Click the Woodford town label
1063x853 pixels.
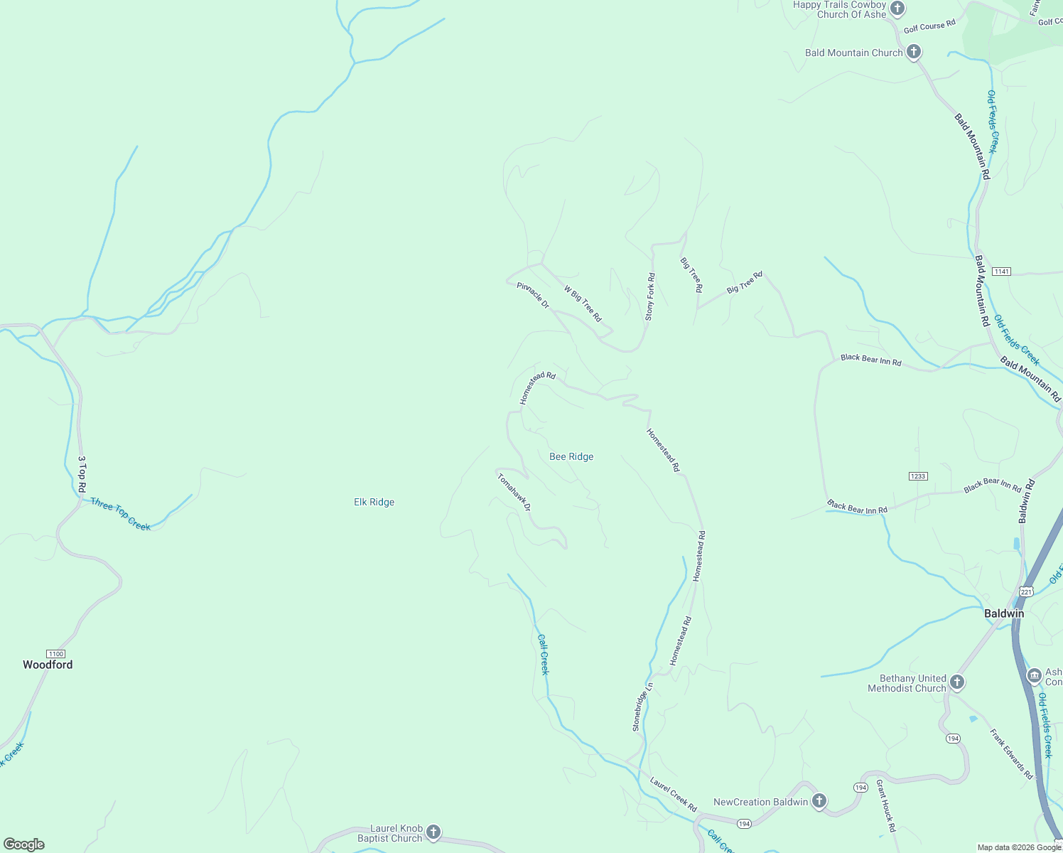48,665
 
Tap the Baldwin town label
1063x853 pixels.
1004,613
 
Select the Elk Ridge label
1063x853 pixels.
374,502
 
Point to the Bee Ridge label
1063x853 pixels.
571,456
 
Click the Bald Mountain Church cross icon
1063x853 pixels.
914,52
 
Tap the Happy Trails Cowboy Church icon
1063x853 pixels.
897,9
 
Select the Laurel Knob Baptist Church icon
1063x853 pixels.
433,832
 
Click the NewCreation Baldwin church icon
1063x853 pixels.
819,801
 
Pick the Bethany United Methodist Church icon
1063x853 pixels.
957,682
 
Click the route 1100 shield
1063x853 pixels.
55,654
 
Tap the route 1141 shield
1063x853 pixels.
1002,272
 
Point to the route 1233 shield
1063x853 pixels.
918,476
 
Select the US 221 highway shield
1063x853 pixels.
1025,591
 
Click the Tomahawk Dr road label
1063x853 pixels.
514,492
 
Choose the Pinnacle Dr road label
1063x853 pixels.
533,295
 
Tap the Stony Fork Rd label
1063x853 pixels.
649,296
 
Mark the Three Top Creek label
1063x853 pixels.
120,514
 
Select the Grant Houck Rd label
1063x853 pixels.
885,806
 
